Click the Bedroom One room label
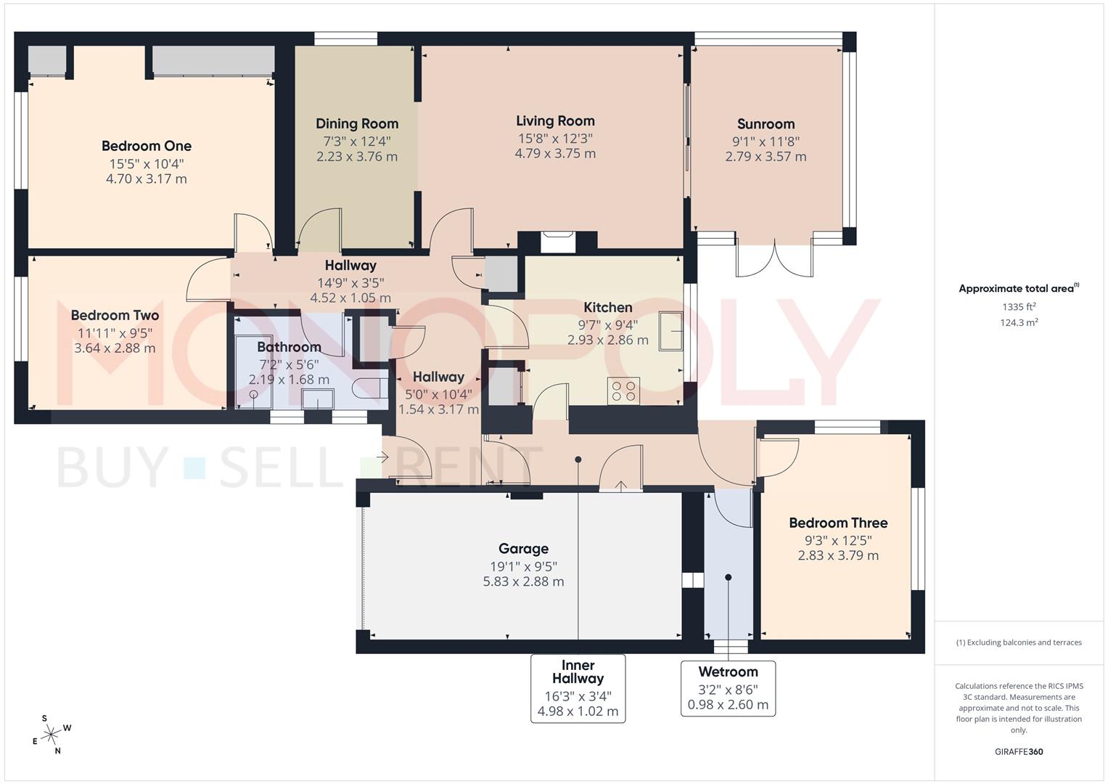pyautogui.click(x=146, y=146)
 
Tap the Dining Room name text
pyautogui.click(x=356, y=123)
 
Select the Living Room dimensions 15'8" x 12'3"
pyautogui.click(x=555, y=138)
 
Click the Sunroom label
pyautogui.click(x=766, y=123)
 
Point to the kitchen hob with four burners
pyautogui.click(x=623, y=391)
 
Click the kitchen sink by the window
pyautogui.click(x=671, y=330)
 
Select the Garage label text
pyautogui.click(x=523, y=549)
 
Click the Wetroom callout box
pyautogui.click(x=728, y=687)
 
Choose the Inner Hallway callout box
pyautogui.click(x=578, y=687)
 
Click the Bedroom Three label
pyautogui.click(x=838, y=523)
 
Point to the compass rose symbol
pyautogui.click(x=52, y=735)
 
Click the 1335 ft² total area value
pyautogui.click(x=1019, y=307)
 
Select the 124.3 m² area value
pyautogui.click(x=1019, y=323)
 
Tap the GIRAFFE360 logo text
pyautogui.click(x=1018, y=751)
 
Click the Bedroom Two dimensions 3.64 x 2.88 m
pyautogui.click(x=115, y=348)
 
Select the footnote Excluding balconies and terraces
pyautogui.click(x=1019, y=642)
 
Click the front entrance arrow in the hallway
pyautogui.click(x=382, y=457)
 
